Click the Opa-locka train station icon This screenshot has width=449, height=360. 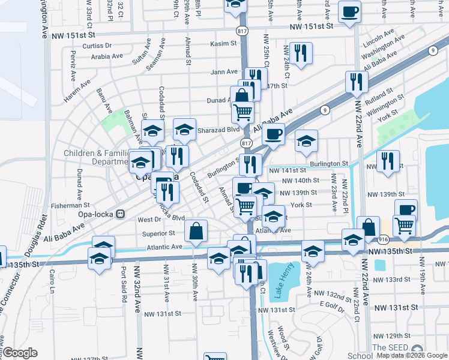[x=120, y=214]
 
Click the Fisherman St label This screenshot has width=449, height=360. [x=71, y=205]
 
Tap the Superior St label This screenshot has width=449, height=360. [x=158, y=233]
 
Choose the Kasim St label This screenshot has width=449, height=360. [x=223, y=44]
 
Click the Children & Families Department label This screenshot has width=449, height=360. [x=96, y=157]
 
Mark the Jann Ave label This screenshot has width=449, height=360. [x=224, y=72]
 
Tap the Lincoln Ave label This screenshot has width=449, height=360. [x=379, y=33]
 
